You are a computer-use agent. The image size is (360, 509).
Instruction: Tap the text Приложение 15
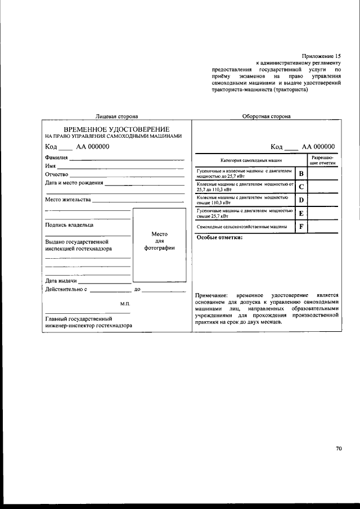pos(321,56)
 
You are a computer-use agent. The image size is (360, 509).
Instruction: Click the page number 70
pos(339,448)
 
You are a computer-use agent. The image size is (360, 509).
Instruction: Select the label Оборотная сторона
pos(266,116)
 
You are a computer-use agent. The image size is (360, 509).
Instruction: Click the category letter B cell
pos(301,173)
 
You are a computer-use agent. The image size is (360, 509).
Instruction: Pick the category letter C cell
pos(301,187)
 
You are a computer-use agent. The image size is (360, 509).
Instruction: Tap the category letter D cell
pos(301,200)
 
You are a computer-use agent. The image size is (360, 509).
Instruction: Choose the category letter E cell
pos(301,214)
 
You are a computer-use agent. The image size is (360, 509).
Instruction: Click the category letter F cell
pos(301,227)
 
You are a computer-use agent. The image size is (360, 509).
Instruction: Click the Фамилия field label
pos(56,158)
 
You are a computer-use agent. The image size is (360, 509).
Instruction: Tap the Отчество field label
pos(56,174)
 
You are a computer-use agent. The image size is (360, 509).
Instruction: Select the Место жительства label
pos(67,200)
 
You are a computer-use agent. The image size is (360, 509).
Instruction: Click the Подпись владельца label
pos(69,225)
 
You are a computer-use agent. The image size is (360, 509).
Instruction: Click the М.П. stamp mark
pos(125,304)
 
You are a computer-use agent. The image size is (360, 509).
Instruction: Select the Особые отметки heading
pos(219,238)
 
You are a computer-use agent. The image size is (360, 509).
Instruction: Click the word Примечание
pos(211,295)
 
